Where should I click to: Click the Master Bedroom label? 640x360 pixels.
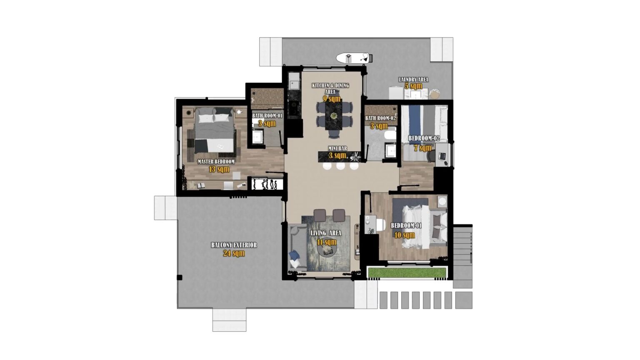(x=216, y=162)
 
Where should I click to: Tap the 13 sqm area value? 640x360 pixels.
(x=219, y=169)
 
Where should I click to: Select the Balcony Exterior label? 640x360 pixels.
(x=234, y=245)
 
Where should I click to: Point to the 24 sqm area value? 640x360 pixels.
(x=234, y=253)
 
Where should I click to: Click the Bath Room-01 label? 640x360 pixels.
(x=267, y=116)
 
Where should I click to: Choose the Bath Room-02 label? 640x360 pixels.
(x=380, y=118)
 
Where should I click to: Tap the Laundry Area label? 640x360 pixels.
(x=413, y=80)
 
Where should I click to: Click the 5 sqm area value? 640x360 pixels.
(x=413, y=86)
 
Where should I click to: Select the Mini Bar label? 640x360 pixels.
(x=337, y=148)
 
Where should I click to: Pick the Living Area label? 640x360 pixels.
(x=326, y=233)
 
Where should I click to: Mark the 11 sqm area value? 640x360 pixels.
(x=326, y=242)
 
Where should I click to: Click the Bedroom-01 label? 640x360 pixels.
(x=406, y=226)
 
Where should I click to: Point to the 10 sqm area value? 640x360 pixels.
(x=405, y=235)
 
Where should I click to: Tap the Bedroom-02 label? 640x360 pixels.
(x=424, y=138)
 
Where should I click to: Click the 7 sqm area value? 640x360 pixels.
(x=422, y=148)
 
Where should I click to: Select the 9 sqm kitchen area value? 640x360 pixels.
(x=332, y=99)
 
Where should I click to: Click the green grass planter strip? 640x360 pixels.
(x=407, y=273)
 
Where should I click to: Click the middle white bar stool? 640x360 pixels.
(x=341, y=166)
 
